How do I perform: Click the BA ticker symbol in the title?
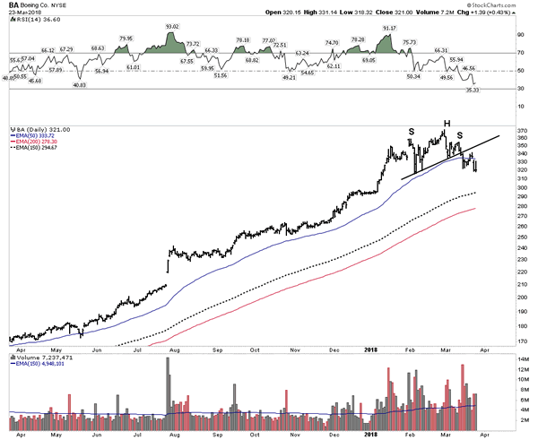13,6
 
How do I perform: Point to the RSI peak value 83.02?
172,27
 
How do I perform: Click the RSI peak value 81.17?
389,28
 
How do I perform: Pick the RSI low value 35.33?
473,91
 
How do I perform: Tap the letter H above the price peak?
444,122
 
